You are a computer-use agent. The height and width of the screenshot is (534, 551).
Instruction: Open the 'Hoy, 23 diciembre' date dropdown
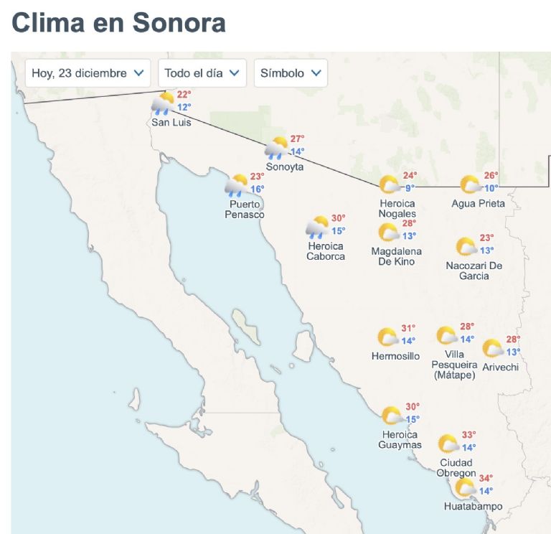coord(88,73)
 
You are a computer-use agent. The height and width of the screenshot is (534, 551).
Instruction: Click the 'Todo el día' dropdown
coord(202,73)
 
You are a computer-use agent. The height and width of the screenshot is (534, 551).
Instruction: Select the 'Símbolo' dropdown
coord(291,73)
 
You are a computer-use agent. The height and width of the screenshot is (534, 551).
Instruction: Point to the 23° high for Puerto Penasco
coord(258,177)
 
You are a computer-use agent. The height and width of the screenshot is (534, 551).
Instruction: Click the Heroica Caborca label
coord(326,251)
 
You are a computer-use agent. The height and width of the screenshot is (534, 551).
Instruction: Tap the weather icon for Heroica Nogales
coord(390,185)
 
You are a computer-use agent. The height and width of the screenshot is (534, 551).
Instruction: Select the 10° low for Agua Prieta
coord(491,188)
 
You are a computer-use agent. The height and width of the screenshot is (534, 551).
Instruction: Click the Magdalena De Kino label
coord(396,256)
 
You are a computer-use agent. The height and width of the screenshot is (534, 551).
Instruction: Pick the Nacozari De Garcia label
coord(474,271)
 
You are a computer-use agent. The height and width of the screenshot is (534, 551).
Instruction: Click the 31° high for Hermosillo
coord(408,328)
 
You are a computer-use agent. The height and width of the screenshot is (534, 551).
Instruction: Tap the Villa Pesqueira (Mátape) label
coord(454,364)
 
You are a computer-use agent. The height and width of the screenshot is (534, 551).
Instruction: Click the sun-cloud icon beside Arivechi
coord(493,349)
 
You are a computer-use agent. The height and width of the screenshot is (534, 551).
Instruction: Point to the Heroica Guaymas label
coord(400,439)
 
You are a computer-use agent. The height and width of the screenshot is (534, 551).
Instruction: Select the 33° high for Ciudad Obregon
coord(468,435)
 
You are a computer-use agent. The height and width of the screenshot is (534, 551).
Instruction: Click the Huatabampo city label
coord(473,507)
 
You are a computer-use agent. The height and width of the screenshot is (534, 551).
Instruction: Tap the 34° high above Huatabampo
coord(486,479)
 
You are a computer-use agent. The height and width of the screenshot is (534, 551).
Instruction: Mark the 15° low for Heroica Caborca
coord(338,231)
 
